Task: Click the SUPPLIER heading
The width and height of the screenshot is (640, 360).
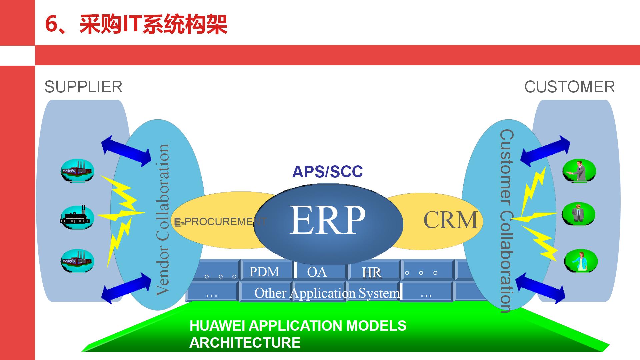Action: pos(83,87)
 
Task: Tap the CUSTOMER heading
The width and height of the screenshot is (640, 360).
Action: pos(569,87)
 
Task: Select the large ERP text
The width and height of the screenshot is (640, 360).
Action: pos(327,220)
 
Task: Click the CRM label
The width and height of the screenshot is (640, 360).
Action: pos(450,220)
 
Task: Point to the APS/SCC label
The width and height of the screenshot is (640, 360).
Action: pos(327,172)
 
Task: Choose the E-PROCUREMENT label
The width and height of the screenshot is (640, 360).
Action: pos(220,222)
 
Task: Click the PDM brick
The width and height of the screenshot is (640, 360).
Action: pos(264,272)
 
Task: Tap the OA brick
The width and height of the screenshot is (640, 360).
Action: pos(317,272)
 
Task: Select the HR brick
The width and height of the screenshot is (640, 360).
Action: pos(371,273)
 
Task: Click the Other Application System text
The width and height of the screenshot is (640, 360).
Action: pos(327,293)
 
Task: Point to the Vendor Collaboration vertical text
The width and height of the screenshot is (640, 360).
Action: pos(163,220)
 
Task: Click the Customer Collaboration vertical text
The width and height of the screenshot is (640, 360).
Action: pos(507,220)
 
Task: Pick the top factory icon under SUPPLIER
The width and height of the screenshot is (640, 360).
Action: pos(77,170)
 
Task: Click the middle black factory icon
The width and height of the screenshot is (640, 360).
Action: pos(77,217)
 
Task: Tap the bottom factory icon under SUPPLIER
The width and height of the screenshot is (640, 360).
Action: pos(77,261)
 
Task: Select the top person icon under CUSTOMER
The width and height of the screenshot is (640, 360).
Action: pos(579,171)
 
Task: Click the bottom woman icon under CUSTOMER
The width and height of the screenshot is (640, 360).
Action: pos(581,261)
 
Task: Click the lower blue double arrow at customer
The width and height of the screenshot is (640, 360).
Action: pos(540,288)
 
